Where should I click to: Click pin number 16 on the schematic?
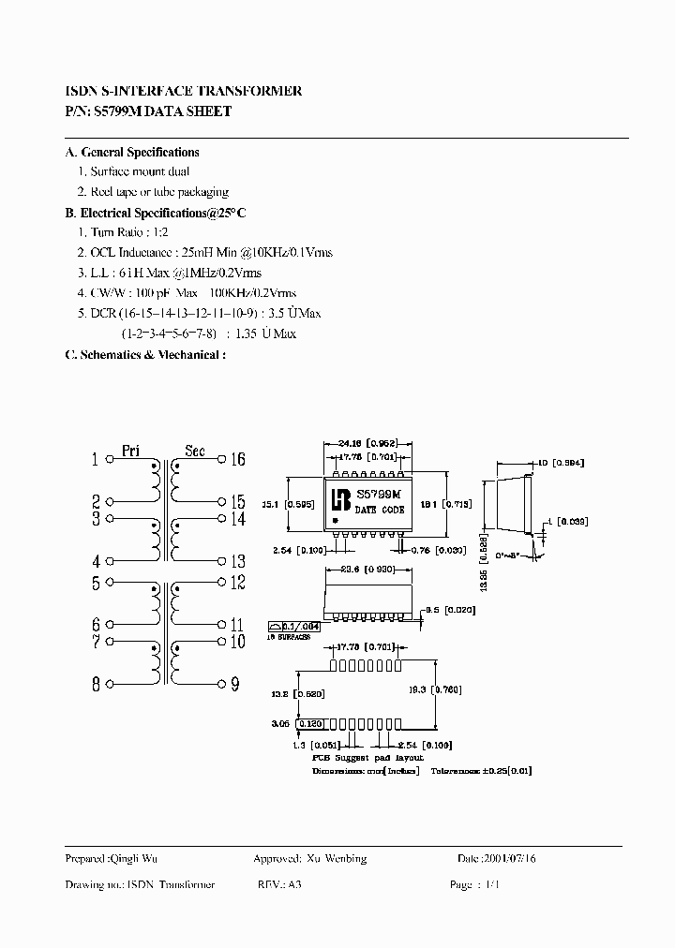tap(236, 459)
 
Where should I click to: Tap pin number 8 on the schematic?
tap(96, 684)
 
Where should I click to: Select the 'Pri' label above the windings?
tap(130, 451)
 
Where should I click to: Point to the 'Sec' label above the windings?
tap(194, 451)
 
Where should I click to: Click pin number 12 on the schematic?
tap(236, 584)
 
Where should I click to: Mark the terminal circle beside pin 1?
tap(111, 460)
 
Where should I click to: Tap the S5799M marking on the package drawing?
tap(378, 494)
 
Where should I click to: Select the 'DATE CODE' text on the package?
tap(380, 510)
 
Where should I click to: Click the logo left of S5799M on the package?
tap(338, 501)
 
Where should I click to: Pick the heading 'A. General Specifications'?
tap(132, 152)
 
